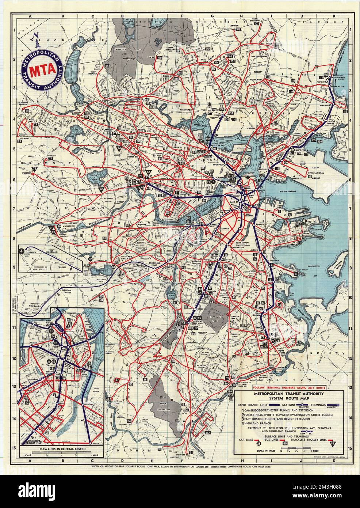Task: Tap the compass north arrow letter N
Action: [x=35, y=35]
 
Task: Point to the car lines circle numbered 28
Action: [x=258, y=443]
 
